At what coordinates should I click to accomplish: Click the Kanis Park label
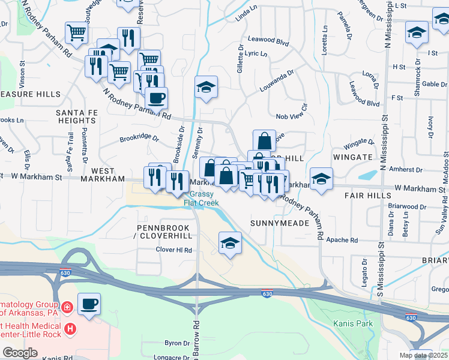[353, 324]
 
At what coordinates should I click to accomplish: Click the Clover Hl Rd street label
[174, 250]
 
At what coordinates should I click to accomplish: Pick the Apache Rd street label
[342, 240]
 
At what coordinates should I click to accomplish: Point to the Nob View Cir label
[292, 116]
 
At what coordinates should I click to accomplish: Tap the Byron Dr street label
[177, 343]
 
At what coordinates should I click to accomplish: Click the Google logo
[20, 353]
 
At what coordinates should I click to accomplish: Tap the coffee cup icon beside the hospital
[89, 304]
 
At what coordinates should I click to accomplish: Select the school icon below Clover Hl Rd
[229, 243]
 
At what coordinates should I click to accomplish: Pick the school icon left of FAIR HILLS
[321, 179]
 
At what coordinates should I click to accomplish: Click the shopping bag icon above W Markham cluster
[264, 141]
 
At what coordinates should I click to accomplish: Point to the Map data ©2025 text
[423, 355]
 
